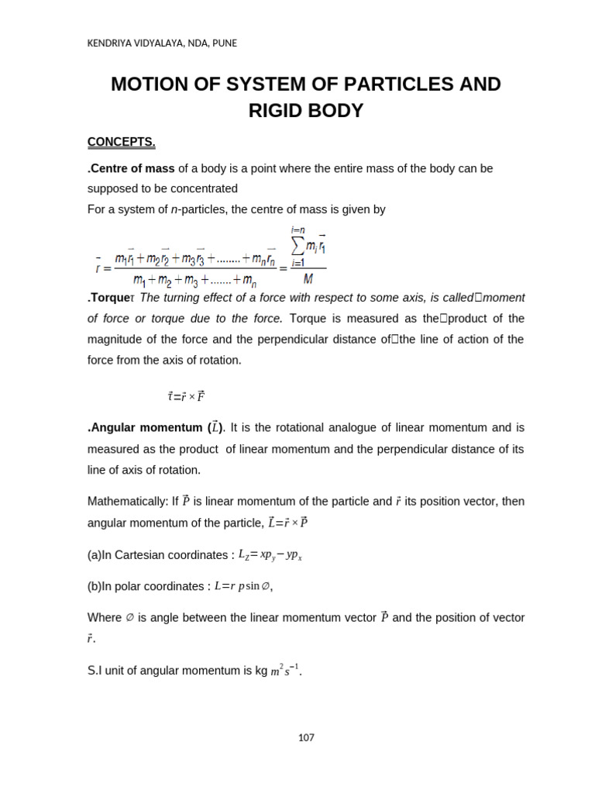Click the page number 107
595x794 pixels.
(x=306, y=737)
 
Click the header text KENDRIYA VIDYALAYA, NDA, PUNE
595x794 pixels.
(x=162, y=43)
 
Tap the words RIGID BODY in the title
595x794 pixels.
(x=306, y=110)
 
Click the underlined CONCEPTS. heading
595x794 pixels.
(x=122, y=142)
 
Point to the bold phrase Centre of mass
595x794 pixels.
(x=132, y=168)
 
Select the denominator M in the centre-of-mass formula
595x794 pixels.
(x=308, y=278)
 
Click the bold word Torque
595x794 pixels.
(x=108, y=298)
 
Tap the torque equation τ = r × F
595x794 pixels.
(x=186, y=396)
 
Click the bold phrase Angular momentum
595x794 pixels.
(x=146, y=427)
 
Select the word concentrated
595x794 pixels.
(x=203, y=188)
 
